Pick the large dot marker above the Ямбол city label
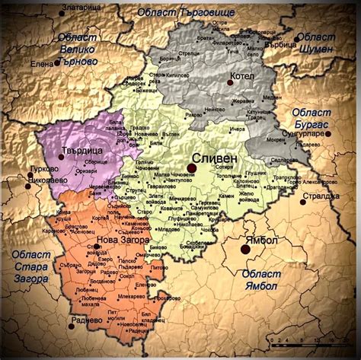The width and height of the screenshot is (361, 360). point(245,248)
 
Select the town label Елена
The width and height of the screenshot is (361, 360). point(43,65)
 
